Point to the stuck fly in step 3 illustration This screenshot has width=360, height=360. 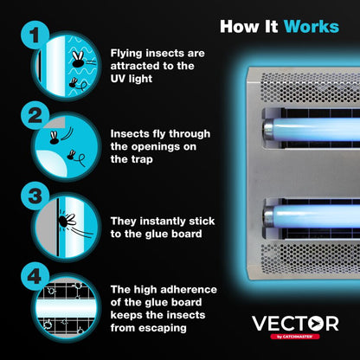pyautogui.click(x=66, y=221)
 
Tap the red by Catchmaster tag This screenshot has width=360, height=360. pyautogui.click(x=296, y=337)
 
